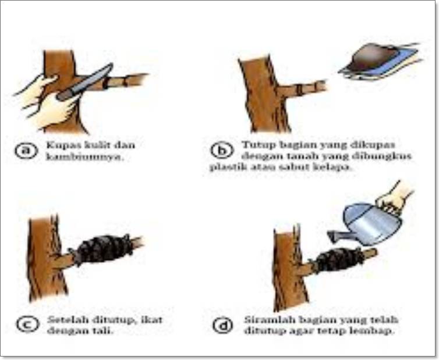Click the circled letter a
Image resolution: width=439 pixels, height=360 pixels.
tap(26, 151)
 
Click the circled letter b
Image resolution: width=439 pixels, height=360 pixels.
tap(221, 151)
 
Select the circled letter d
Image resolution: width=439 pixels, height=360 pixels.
tap(222, 326)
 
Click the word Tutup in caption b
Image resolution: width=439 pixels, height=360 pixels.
tap(254, 144)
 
